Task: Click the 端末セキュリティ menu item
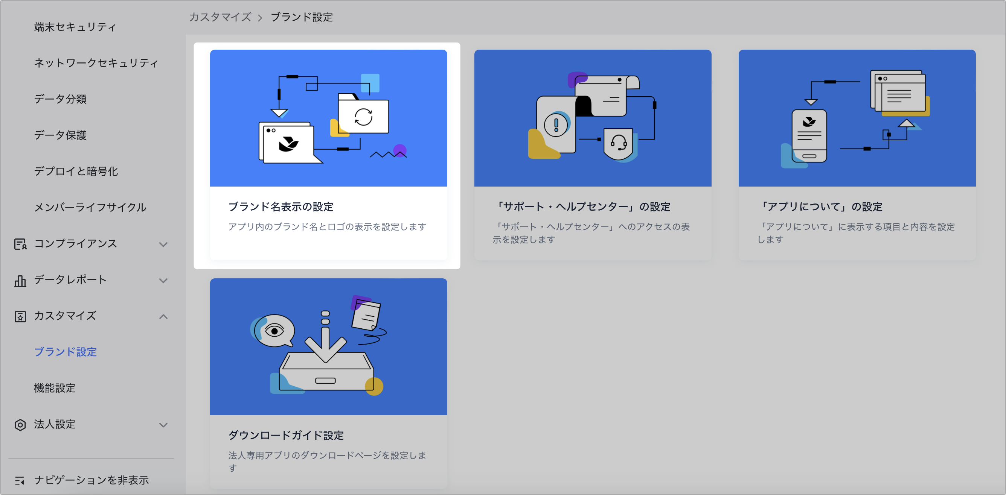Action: tap(75, 27)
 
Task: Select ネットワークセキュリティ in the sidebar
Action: tap(96, 63)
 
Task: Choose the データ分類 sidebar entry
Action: tap(60, 99)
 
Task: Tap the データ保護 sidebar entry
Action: tap(60, 135)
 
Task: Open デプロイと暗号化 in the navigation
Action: tap(76, 171)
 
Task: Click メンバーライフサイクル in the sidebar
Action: tap(90, 207)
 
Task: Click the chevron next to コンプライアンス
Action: tap(163, 244)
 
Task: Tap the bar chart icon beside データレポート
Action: tap(20, 281)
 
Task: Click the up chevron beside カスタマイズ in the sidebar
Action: tap(163, 316)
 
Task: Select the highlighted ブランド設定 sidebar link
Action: tap(65, 352)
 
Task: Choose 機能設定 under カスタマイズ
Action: tap(55, 388)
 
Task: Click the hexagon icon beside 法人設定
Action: tap(20, 425)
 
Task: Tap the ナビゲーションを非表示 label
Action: tap(91, 480)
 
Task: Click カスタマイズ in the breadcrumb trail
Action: tap(220, 17)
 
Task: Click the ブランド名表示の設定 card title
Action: tap(281, 207)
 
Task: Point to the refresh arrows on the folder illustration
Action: tap(363, 117)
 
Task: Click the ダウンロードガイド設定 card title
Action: tap(286, 435)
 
